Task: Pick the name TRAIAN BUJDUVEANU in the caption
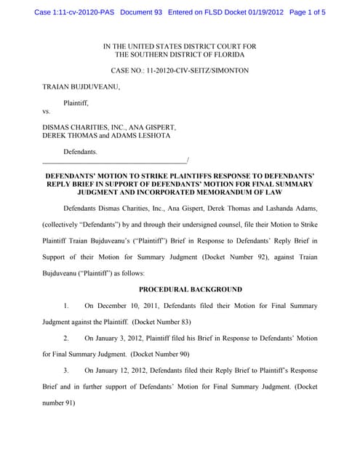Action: pyautogui.click(x=81, y=86)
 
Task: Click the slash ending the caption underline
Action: pyautogui.click(x=188, y=161)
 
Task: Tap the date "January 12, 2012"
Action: pyautogui.click(x=124, y=371)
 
